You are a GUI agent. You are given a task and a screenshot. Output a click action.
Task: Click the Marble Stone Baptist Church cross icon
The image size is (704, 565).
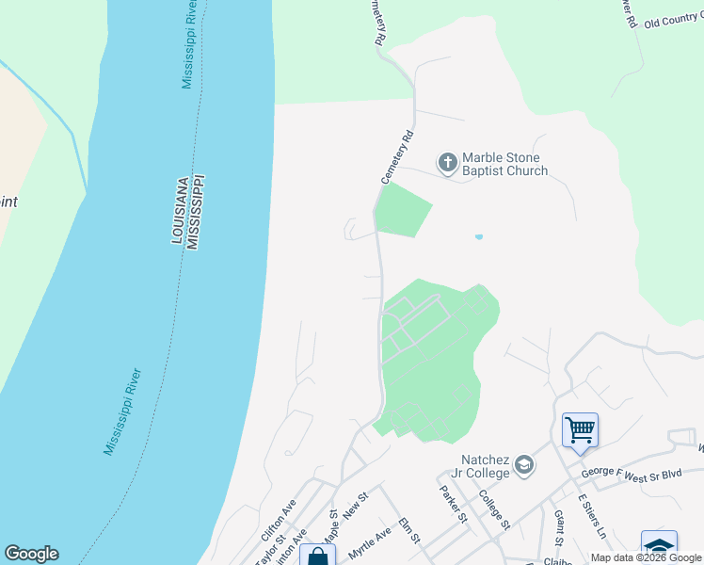[448, 164]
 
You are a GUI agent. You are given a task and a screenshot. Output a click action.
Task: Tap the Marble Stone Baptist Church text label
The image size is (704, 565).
[505, 165]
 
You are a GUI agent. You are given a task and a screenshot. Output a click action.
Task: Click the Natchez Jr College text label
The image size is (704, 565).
[486, 466]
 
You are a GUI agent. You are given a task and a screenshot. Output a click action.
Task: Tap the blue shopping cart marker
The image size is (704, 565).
[580, 430]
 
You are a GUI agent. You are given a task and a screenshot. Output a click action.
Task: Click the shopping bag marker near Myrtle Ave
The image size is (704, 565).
[318, 557]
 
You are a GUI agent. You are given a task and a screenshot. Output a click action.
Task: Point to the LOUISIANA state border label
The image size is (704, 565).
[177, 210]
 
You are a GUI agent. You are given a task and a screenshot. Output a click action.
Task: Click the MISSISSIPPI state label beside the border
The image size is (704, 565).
[194, 211]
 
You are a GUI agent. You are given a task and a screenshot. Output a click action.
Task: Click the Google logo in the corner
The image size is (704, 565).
[31, 554]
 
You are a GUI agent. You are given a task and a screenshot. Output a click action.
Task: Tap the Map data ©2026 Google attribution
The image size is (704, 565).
[646, 557]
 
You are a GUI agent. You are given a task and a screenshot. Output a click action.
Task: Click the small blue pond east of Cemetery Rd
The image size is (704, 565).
[479, 237]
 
